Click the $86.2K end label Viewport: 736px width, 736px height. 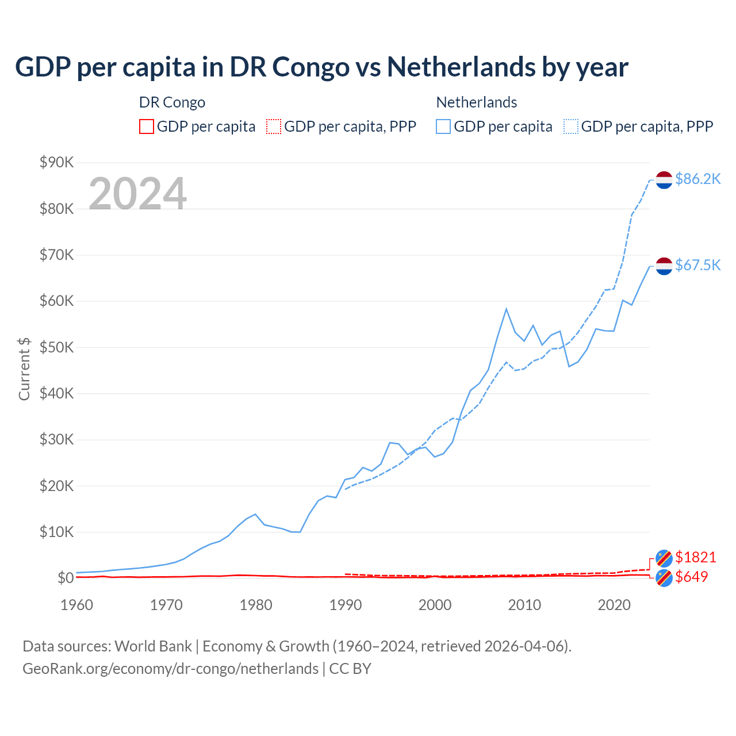697,179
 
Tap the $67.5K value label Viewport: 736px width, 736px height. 697,265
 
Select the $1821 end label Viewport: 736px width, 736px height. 695,557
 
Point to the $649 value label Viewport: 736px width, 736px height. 691,577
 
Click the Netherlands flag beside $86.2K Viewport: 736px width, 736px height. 664,180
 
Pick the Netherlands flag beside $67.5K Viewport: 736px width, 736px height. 664,266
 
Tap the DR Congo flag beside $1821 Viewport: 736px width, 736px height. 664,558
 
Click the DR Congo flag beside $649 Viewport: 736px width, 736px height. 664,578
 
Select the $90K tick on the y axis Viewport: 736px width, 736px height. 56,163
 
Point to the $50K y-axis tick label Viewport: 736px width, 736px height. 56,347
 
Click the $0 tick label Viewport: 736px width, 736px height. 65,578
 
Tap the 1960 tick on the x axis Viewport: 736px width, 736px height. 76,605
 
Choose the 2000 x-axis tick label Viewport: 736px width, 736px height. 435,605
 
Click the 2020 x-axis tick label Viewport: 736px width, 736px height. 614,605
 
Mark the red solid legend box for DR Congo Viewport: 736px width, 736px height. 147,126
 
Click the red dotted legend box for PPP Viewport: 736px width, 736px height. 274,126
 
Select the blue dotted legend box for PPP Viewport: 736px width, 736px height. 571,126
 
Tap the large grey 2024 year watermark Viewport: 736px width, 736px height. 137,194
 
